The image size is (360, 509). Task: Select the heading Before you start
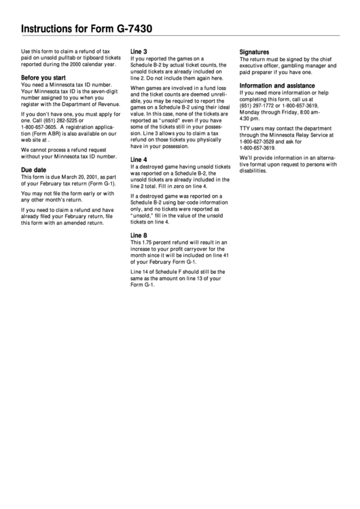[43, 77]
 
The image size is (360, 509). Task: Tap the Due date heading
[34, 169]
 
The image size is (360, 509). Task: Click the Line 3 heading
[139, 52]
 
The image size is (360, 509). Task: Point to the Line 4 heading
[139, 159]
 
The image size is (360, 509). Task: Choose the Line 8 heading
[139, 235]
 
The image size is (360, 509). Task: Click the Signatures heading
[255, 52]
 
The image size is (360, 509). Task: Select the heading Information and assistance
[277, 86]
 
